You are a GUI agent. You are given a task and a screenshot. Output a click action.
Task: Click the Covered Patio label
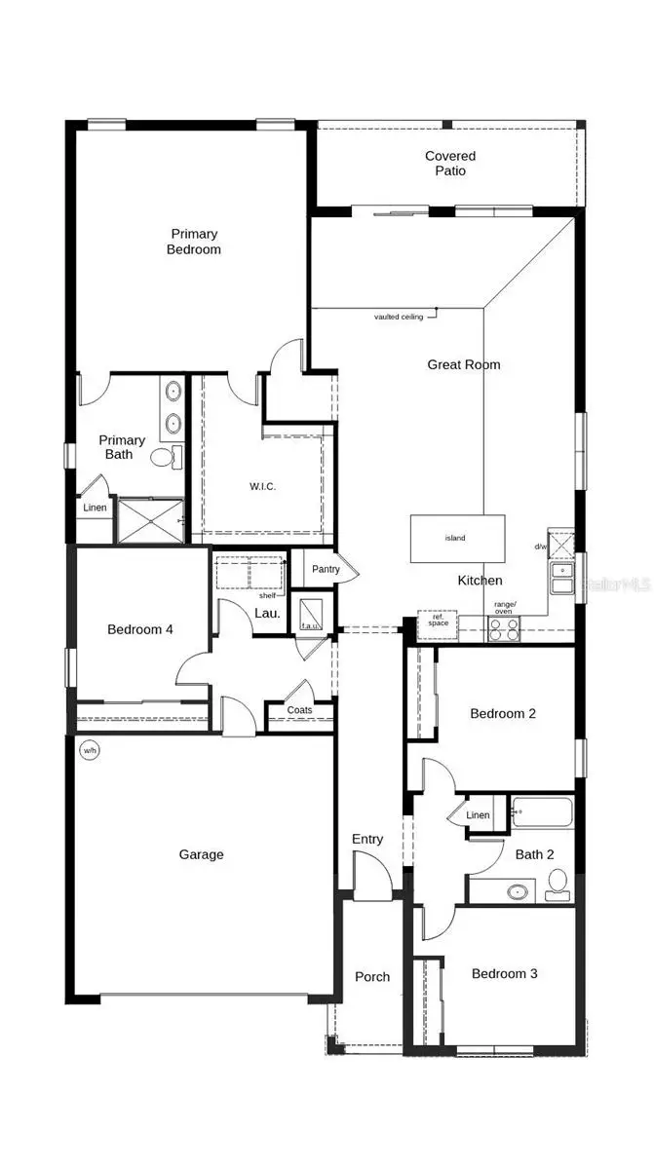click(x=450, y=164)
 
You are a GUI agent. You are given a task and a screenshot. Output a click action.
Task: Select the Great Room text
click(x=464, y=364)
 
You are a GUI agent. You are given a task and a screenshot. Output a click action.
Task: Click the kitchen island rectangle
click(x=457, y=538)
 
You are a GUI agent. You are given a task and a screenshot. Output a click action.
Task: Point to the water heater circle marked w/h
click(x=90, y=750)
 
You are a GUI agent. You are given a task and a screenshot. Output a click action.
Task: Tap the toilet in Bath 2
click(x=558, y=883)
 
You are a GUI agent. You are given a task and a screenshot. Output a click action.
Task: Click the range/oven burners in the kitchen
click(x=504, y=629)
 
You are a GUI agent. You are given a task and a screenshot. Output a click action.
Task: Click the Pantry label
click(x=325, y=569)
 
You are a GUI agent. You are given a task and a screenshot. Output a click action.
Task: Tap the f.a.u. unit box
click(x=311, y=614)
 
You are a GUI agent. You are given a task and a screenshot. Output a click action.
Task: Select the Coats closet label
click(x=300, y=710)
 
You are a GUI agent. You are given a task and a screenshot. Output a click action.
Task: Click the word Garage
click(x=201, y=854)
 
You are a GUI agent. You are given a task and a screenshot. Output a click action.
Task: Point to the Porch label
click(x=372, y=977)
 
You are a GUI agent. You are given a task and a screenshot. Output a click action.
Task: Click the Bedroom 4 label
click(x=140, y=629)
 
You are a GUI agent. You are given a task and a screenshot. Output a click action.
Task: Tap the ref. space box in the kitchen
click(x=438, y=622)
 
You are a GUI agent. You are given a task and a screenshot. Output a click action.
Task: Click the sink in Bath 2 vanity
click(x=518, y=890)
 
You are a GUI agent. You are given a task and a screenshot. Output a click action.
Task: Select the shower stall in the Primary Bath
click(x=150, y=520)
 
